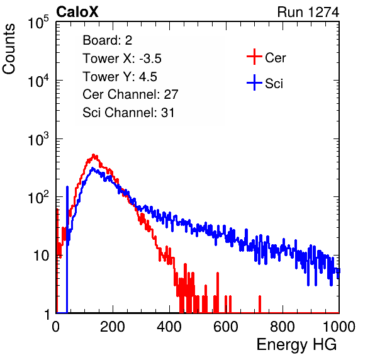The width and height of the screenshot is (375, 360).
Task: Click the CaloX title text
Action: tap(77, 12)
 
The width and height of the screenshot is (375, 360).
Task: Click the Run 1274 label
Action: tap(308, 12)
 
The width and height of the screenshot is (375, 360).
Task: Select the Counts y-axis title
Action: tap(9, 49)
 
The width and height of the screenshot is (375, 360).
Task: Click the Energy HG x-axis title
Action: tap(296, 344)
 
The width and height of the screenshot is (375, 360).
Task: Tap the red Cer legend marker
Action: tap(254, 57)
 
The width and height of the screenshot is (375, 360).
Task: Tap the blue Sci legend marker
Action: tap(254, 83)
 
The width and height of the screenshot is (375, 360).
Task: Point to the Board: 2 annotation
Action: tap(107, 40)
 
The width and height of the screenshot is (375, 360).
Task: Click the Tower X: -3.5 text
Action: tap(122, 59)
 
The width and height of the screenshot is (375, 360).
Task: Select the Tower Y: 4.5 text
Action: tap(120, 77)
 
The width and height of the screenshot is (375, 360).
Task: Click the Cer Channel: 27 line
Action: tap(130, 94)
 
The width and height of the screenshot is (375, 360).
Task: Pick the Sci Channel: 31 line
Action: tap(128, 113)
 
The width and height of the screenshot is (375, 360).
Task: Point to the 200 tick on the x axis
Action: tap(113, 327)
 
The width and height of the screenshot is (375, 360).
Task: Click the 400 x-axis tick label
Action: tap(169, 327)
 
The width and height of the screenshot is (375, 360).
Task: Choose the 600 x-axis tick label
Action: tap(226, 327)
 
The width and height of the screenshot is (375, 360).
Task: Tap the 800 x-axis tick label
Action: tap(283, 327)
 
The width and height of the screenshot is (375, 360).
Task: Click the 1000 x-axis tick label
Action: tap(339, 327)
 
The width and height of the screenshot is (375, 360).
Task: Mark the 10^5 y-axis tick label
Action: tap(38, 22)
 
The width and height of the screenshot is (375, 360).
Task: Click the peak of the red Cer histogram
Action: tap(94, 155)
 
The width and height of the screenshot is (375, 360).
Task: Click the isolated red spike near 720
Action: tap(260, 304)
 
